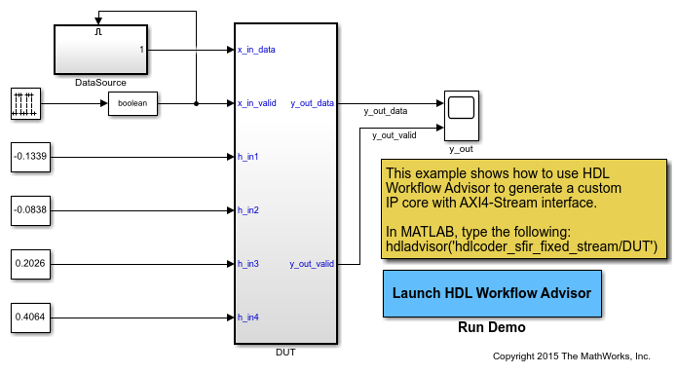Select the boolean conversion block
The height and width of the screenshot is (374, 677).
pyautogui.click(x=132, y=103)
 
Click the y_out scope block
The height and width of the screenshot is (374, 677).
pyautogui.click(x=461, y=116)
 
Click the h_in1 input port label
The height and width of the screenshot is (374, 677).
pyautogui.click(x=248, y=156)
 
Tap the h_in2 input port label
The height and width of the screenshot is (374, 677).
pyautogui.click(x=248, y=209)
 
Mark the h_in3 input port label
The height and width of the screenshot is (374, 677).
pyautogui.click(x=248, y=263)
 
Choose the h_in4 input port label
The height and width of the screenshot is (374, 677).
pyautogui.click(x=248, y=317)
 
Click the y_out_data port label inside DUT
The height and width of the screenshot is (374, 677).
pyautogui.click(x=312, y=102)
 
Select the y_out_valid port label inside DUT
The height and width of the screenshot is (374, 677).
pyautogui.click(x=312, y=263)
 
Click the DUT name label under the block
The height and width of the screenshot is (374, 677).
pyautogui.click(x=285, y=351)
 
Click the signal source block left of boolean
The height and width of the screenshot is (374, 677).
pyautogui.click(x=24, y=103)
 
